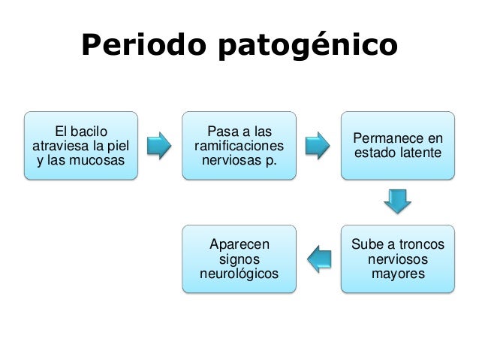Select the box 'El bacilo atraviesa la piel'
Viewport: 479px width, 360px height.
tap(81, 146)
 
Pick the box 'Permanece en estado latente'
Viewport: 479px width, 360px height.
tap(397, 146)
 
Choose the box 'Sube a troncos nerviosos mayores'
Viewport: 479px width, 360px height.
tap(397, 258)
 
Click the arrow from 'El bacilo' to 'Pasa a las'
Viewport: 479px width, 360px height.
tap(160, 146)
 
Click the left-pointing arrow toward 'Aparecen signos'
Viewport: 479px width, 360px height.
tap(318, 258)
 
